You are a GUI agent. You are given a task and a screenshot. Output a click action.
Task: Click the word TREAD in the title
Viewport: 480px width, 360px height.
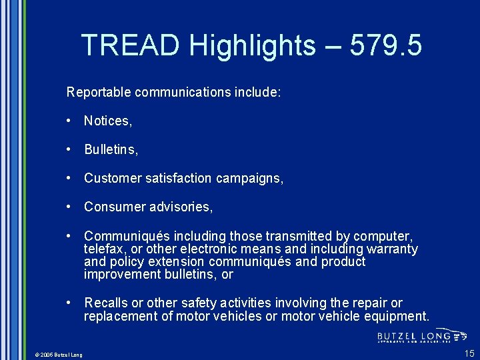tap(130, 45)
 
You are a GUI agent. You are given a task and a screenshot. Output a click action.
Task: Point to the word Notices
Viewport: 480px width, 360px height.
tap(108, 121)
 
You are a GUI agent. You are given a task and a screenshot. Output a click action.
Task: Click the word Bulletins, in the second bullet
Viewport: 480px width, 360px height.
tap(111, 149)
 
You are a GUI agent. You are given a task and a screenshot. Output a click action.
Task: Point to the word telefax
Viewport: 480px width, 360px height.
tap(103, 249)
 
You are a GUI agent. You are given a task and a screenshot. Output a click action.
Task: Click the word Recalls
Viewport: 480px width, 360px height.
tap(105, 303)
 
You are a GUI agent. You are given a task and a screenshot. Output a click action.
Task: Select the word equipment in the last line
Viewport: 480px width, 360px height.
tap(399, 316)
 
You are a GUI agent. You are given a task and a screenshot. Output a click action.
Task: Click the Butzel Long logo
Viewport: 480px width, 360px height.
tap(421, 336)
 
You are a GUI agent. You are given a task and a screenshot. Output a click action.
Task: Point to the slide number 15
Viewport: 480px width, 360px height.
tap(469, 353)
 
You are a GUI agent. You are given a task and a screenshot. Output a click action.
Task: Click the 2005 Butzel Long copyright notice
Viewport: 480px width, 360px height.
tap(59, 355)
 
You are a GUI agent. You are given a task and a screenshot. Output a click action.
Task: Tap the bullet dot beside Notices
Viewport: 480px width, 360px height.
tap(69, 121)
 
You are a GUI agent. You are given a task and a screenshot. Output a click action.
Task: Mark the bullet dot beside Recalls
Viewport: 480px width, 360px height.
tap(69, 303)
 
